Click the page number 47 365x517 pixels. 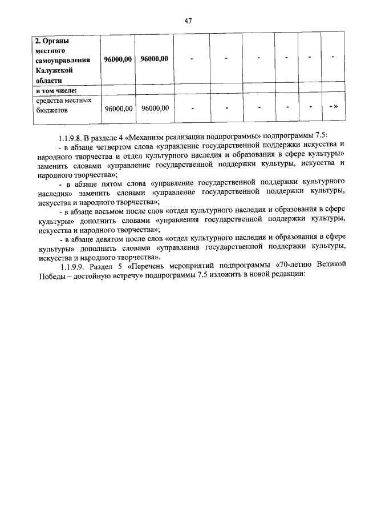click(188, 21)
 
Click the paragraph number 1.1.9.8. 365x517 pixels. click(72, 139)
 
